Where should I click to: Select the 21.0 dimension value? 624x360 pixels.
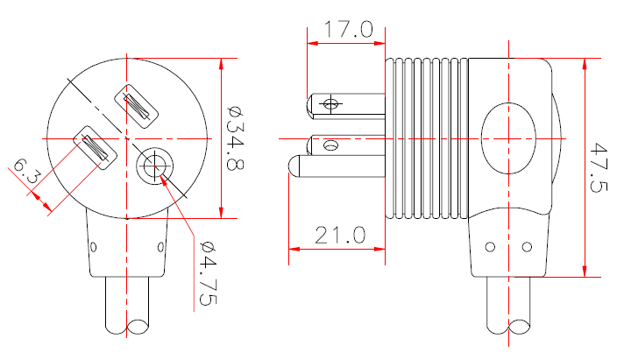[x=336, y=236]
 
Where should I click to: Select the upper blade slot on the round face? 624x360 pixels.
[x=138, y=106]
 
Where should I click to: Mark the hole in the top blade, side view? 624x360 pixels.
[x=330, y=104]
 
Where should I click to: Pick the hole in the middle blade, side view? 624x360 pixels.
[x=331, y=145]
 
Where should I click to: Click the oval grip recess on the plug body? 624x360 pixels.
[x=507, y=138]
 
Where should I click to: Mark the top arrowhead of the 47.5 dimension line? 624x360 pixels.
[x=584, y=62]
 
